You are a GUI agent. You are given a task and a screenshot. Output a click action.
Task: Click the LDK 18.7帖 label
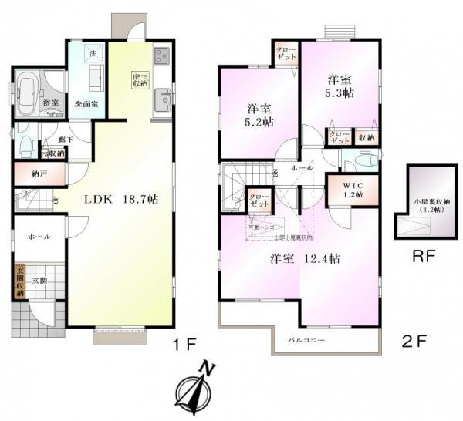pos(121,199)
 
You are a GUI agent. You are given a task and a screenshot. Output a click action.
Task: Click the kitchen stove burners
pos(162,56)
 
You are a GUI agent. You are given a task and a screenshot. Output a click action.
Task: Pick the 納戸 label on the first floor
pos(39,174)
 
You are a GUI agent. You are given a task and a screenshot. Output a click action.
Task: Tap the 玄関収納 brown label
pos(19,282)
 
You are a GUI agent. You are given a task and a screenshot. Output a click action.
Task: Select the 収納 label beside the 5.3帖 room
pos(367,137)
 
